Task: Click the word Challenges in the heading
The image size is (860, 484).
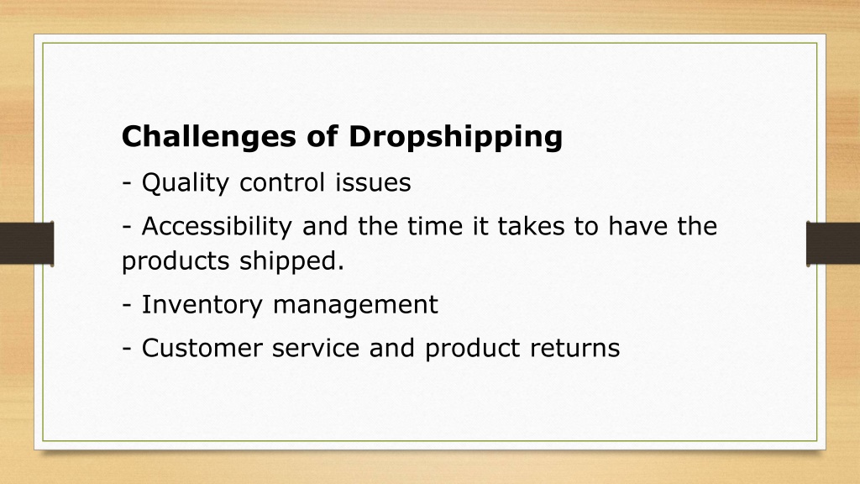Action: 208,137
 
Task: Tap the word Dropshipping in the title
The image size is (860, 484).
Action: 455,137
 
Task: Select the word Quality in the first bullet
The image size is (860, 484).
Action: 186,183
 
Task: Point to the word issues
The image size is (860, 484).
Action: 373,182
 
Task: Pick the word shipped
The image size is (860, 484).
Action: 291,261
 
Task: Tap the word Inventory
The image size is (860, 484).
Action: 202,305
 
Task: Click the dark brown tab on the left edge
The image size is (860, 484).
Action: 27,244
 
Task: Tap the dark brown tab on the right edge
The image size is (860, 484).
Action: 833,244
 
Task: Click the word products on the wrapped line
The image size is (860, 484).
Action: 176,261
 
